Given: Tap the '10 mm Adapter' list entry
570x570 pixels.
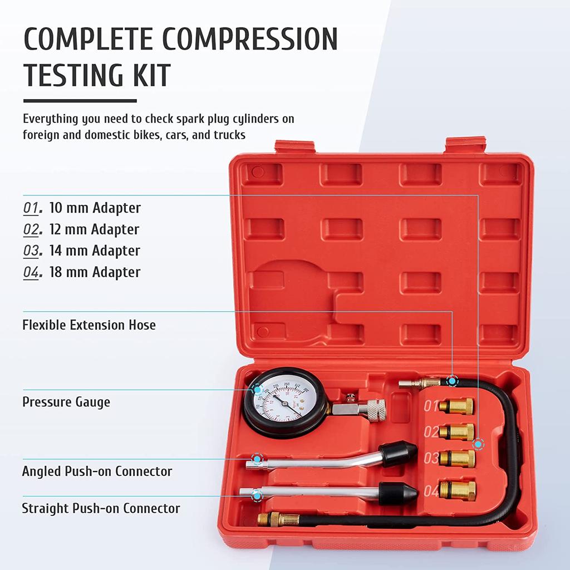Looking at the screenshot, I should [x=95, y=208].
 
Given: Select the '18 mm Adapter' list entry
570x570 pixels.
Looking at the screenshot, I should [x=95, y=272].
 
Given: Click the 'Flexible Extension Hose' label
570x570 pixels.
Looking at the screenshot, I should [x=89, y=325].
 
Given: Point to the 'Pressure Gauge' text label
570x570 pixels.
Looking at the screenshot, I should [x=66, y=402].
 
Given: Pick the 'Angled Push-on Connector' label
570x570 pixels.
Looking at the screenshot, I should [x=97, y=471].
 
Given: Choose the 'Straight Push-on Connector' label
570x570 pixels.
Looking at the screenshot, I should [x=101, y=508].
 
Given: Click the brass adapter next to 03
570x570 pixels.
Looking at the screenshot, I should [x=457, y=459].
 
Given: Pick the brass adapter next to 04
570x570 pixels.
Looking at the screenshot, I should [x=457, y=490].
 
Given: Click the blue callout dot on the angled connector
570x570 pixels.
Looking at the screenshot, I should [x=256, y=459].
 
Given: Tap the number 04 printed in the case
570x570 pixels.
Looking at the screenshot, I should [x=431, y=492].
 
